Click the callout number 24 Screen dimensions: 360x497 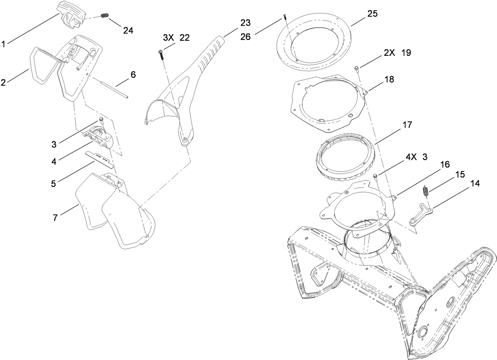[x=127, y=30]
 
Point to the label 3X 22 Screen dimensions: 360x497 [x=176, y=37]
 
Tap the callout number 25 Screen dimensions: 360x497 [x=372, y=13]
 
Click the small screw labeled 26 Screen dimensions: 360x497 [x=284, y=17]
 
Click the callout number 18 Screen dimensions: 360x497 [x=389, y=79]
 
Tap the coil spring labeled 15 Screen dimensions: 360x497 [x=426, y=191]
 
